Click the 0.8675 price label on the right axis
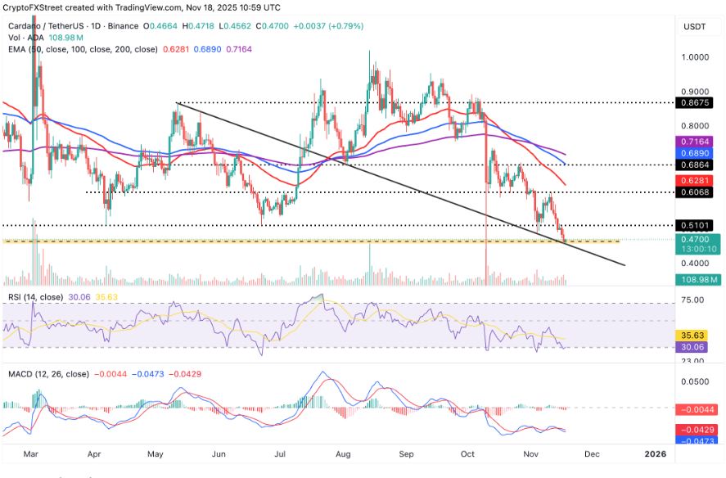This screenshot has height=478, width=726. (x=698, y=103)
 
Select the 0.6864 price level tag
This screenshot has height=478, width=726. (x=698, y=165)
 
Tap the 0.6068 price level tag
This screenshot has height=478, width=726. (x=698, y=192)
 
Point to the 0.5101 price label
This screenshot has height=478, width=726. (x=698, y=225)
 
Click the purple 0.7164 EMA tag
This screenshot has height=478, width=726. (x=698, y=142)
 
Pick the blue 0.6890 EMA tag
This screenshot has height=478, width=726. (x=698, y=153)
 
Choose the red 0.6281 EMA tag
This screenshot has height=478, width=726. (x=698, y=180)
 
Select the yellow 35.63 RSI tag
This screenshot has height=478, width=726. (x=698, y=335)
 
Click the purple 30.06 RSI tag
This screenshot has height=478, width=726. (x=698, y=346)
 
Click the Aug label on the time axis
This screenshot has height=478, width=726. (x=343, y=453)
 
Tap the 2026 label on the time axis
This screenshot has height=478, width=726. (x=656, y=453)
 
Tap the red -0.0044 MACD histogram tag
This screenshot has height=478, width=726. (x=698, y=408)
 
